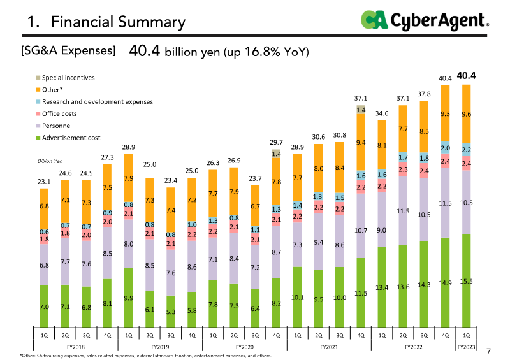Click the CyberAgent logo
pos(425,20)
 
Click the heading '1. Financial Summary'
pos(106,23)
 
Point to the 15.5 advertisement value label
pos(467,281)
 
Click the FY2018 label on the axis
pos(74,347)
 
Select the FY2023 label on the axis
pos(467,347)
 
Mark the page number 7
pos(489,351)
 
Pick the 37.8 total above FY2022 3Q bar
pos(424,94)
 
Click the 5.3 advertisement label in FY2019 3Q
pos(170,312)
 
